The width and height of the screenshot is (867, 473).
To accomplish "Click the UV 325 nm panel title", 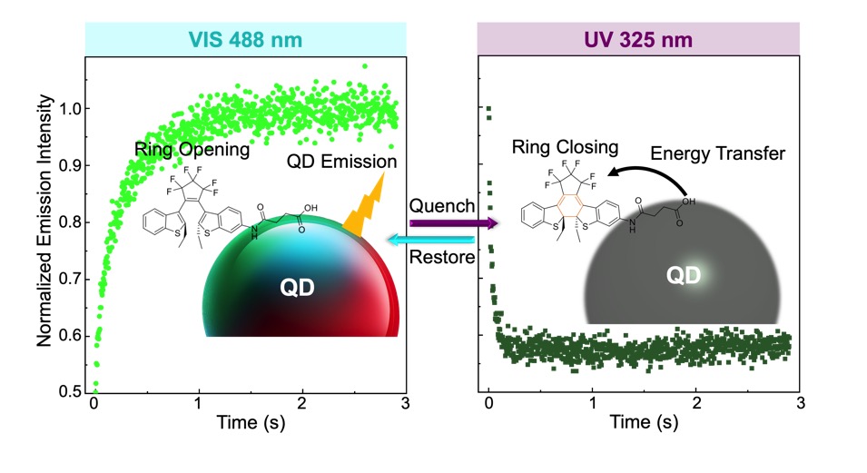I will (x=637, y=40).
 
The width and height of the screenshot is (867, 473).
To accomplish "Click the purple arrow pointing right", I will (x=452, y=222).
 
